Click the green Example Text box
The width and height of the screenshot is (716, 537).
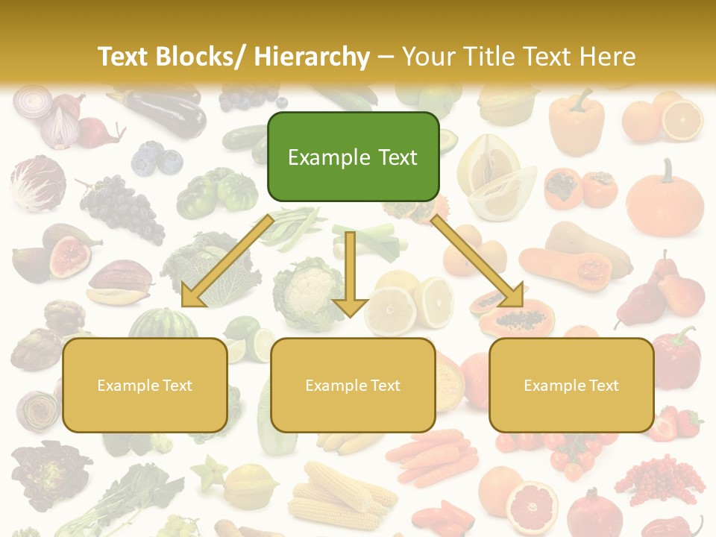tap(353, 157)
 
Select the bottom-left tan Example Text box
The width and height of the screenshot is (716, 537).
tap(145, 385)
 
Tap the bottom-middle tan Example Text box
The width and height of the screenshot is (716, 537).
tap(353, 385)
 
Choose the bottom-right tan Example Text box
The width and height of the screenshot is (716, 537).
tap(571, 385)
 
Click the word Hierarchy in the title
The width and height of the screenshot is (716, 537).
tap(311, 57)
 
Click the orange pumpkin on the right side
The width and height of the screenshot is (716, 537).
tap(665, 198)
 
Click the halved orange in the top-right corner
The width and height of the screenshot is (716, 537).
tap(682, 120)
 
